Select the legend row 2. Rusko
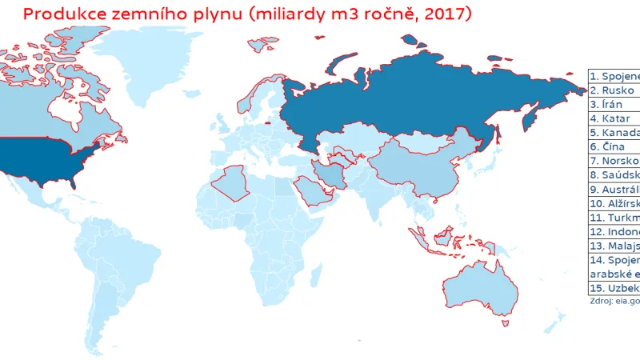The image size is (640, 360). coord(614,90)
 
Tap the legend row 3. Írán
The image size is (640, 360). coord(614,105)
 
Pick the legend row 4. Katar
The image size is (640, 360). coord(614,118)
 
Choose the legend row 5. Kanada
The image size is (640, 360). coord(614,133)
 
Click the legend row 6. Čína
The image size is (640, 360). coord(614,147)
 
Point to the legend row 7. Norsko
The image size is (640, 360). coord(614,161)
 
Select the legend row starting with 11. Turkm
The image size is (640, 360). coord(614,218)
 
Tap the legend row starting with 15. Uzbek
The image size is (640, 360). coord(614,288)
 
